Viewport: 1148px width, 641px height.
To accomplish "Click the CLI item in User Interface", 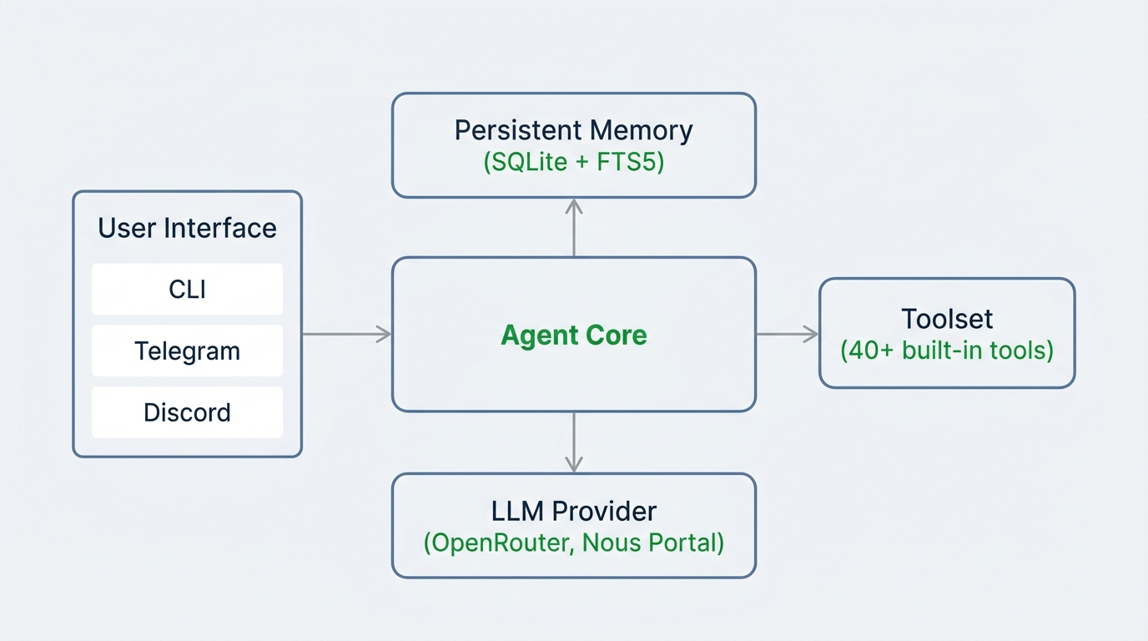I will pos(187,290).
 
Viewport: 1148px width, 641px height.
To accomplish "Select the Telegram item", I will pos(187,351).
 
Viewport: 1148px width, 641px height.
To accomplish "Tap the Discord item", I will pos(187,412).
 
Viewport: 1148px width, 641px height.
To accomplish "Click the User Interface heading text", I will pos(187,228).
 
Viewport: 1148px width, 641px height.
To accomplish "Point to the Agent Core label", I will pos(573,336).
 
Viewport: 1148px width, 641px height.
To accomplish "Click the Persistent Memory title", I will pos(573,130).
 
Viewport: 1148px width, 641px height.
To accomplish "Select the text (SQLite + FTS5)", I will pos(573,162).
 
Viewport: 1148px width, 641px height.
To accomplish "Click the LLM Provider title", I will pos(573,511).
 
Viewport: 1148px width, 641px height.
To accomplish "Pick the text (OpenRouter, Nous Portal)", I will pos(573,543).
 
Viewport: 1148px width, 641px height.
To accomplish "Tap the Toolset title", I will pos(947,319).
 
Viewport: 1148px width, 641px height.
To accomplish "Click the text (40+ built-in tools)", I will pos(947,350).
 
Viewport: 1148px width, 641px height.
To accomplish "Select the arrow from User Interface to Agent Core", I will pos(346,334).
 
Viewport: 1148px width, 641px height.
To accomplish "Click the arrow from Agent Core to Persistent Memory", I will pos(574,227).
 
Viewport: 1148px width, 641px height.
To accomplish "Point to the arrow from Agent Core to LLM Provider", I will pos(574,442).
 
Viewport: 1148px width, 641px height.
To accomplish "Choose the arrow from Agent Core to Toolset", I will pos(787,334).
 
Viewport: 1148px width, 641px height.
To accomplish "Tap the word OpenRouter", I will pos(502,543).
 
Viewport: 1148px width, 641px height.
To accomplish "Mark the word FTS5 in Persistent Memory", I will pos(628,162).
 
